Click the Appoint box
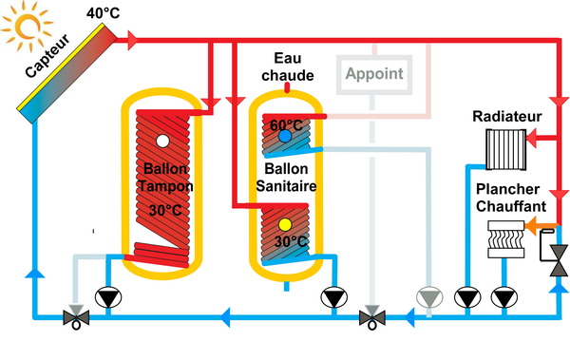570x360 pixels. click(x=373, y=73)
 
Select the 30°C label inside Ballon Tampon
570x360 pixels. click(x=164, y=209)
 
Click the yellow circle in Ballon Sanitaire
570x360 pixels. click(x=285, y=225)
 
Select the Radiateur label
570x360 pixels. click(x=507, y=117)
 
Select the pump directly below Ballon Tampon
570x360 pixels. click(x=111, y=297)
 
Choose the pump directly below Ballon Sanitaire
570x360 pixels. click(x=332, y=297)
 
